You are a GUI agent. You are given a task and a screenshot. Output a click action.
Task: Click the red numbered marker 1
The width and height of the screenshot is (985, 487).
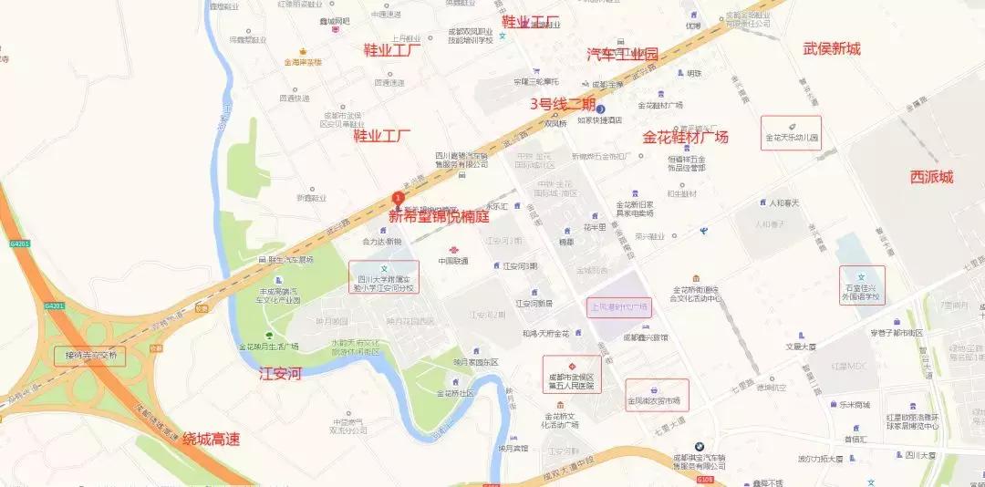[x=398, y=198]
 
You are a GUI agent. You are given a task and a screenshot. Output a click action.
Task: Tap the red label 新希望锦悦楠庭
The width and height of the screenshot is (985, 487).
[x=439, y=217]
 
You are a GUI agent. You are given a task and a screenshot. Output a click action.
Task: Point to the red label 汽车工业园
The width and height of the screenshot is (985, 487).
[x=622, y=55]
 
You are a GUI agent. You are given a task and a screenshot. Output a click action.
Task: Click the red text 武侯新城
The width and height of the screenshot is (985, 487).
[x=831, y=49]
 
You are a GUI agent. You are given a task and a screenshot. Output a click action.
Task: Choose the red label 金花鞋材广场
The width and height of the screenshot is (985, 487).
[x=685, y=138]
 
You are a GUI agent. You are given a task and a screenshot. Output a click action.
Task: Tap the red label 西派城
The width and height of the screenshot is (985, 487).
[x=931, y=177]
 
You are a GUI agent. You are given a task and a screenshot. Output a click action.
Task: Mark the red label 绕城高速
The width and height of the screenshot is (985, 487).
[x=211, y=440]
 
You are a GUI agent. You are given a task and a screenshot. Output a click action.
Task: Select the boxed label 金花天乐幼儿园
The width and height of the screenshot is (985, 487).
[x=792, y=133]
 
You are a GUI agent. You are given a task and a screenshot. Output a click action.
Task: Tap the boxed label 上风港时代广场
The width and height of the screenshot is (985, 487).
[x=617, y=307]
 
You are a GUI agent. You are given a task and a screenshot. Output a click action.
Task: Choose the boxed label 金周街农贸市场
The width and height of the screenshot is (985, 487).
[x=657, y=394]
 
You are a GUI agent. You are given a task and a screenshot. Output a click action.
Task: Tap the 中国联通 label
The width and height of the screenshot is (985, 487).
[x=452, y=261]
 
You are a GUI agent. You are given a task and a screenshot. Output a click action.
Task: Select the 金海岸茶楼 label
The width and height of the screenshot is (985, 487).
[x=303, y=63]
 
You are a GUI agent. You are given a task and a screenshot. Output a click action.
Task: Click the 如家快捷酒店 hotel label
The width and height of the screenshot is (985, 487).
[x=600, y=119]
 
